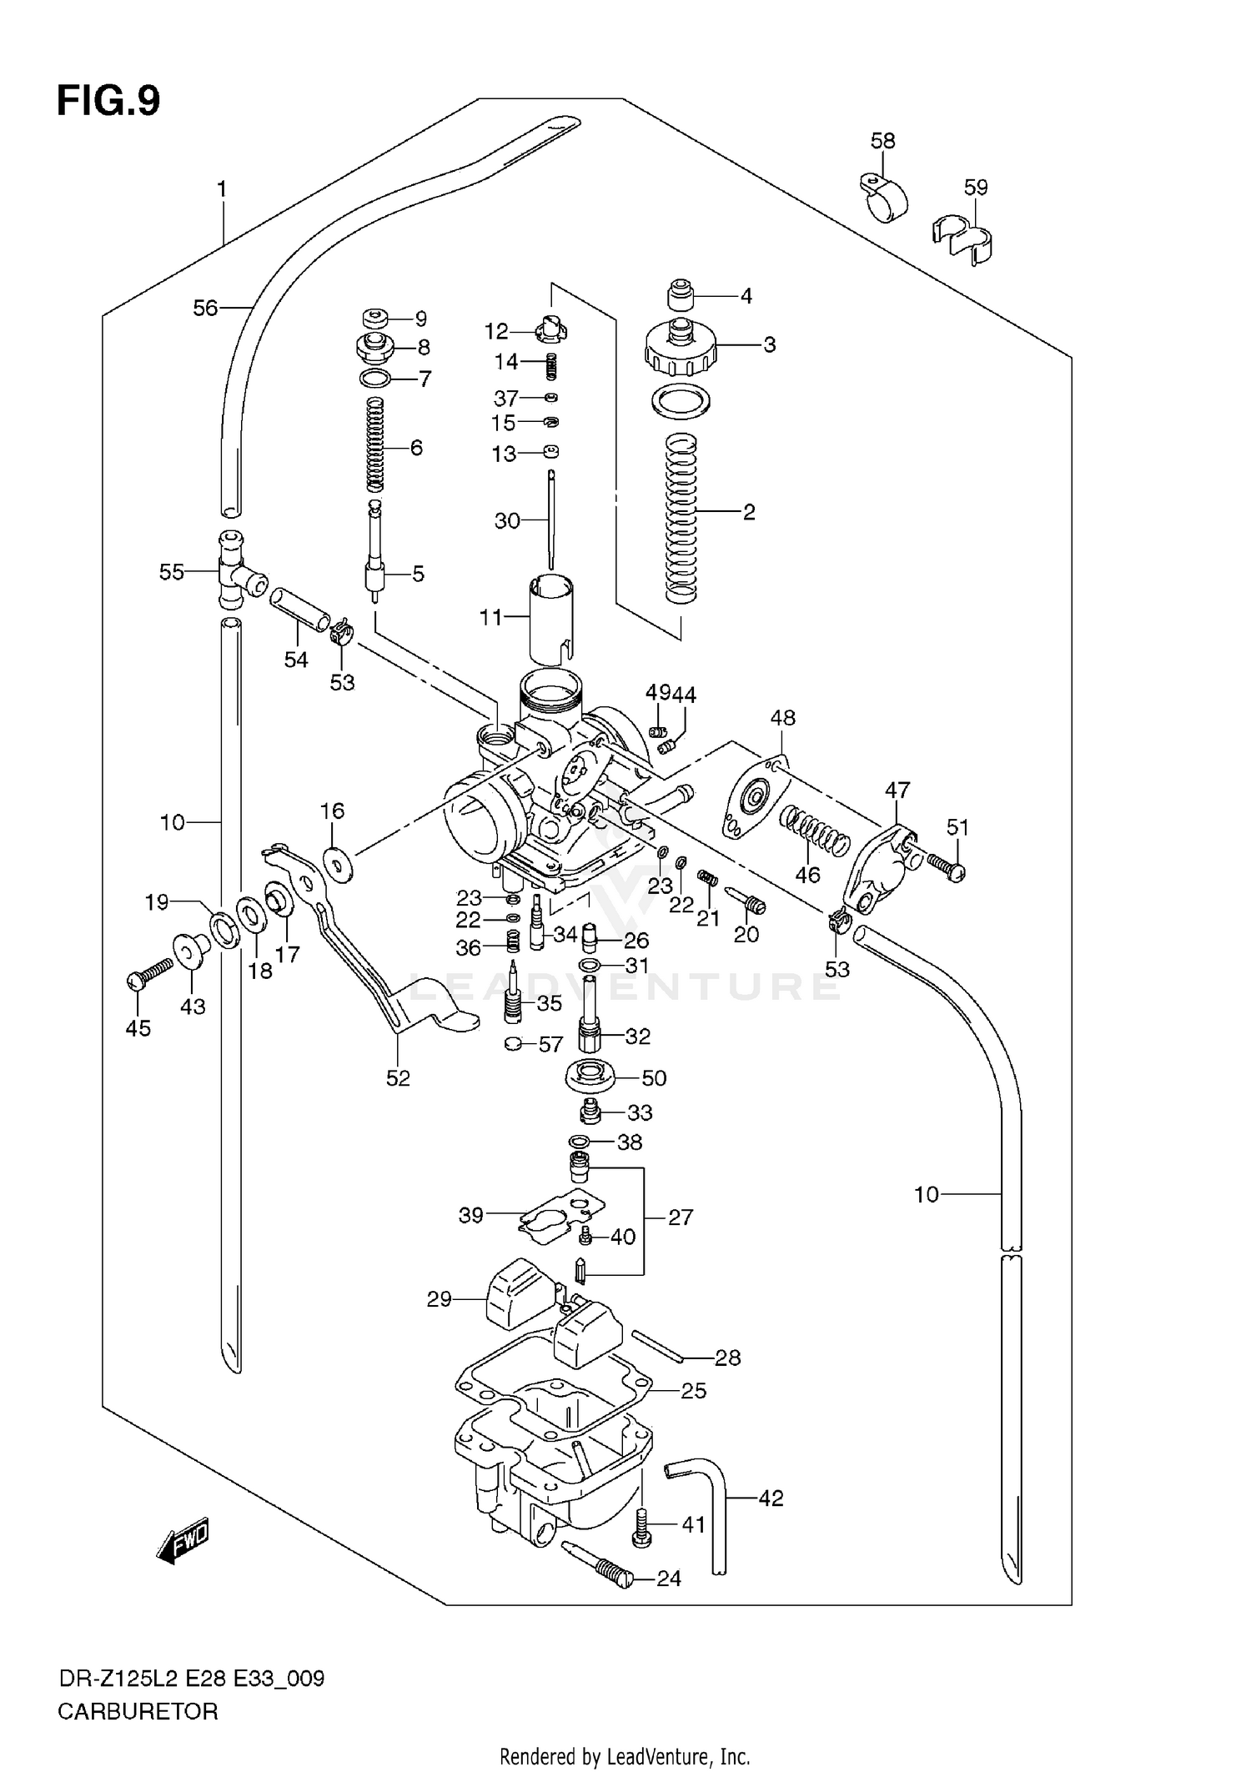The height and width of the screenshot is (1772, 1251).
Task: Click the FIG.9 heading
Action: coord(108,102)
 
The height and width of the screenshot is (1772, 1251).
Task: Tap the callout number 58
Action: coord(882,140)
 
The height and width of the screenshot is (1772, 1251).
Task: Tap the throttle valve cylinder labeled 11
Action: coord(551,616)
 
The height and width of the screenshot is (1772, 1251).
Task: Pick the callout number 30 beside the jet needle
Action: coord(507,521)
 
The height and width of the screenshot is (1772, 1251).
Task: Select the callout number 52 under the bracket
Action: coord(398,1078)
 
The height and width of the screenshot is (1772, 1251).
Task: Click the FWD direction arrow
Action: coord(182,1540)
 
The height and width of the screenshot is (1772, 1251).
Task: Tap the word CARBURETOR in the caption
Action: coord(138,1712)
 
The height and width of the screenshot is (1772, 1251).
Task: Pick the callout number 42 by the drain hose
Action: coord(771,1498)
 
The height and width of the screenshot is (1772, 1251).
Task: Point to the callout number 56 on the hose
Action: coord(204,309)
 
